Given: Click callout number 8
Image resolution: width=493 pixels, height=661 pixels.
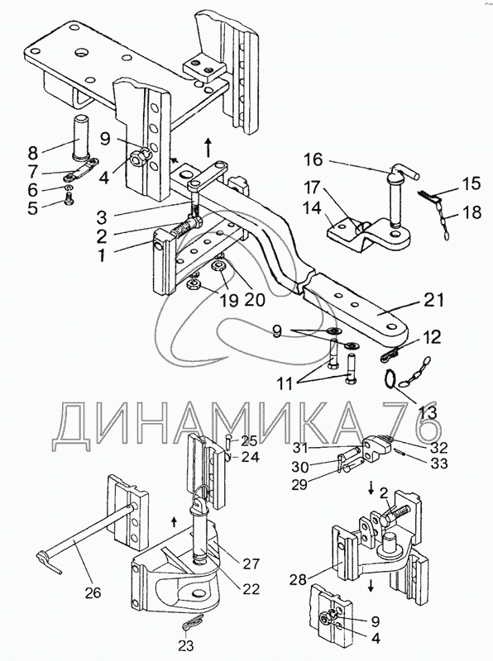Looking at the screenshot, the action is pyautogui.click(x=33, y=151).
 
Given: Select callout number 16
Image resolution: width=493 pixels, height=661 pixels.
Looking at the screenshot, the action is pyautogui.click(x=314, y=159).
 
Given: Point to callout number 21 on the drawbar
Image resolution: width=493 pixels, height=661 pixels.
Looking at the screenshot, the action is pyautogui.click(x=434, y=300).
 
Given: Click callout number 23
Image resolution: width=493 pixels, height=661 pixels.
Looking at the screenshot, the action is pyautogui.click(x=187, y=645).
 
